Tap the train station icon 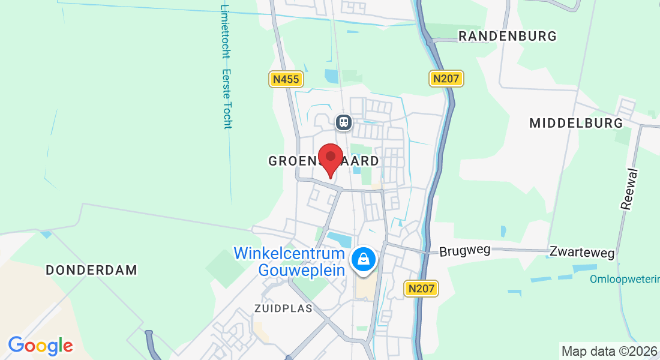pos(344,122)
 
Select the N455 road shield pos(286,79)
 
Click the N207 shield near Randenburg pos(446,78)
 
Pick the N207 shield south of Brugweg pos(421,289)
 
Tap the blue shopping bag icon pos(364,260)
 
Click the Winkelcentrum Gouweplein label pos(289,262)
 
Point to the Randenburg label pos(507,36)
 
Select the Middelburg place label pos(575,124)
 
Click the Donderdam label pos(92,270)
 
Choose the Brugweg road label pos(464,251)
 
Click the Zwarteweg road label pos(581,253)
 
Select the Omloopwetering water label pos(624,279)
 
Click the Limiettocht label pos(226,31)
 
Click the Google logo pos(40,345)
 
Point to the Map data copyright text pos(608,351)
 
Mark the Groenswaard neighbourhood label pos(324,161)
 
